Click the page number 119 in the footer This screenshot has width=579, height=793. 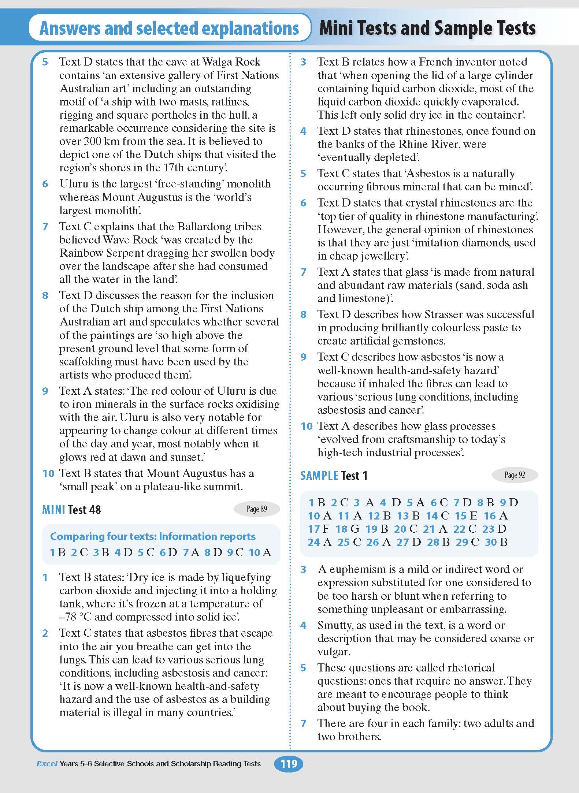pyautogui.click(x=289, y=763)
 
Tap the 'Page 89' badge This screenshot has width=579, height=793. pyautogui.click(x=256, y=509)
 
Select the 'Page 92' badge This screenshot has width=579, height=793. pyautogui.click(x=515, y=475)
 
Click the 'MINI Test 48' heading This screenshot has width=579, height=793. pyautogui.click(x=71, y=510)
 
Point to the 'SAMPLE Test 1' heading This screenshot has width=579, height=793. pyautogui.click(x=334, y=476)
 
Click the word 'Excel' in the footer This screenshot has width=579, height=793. pyautogui.click(x=47, y=764)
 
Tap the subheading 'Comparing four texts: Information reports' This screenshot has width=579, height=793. pyautogui.click(x=153, y=536)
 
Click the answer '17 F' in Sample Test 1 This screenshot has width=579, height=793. pyautogui.click(x=319, y=529)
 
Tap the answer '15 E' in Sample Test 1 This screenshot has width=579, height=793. pyautogui.click(x=466, y=516)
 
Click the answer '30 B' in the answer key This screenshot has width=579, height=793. pyautogui.click(x=496, y=542)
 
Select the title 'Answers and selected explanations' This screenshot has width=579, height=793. pyautogui.click(x=169, y=28)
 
